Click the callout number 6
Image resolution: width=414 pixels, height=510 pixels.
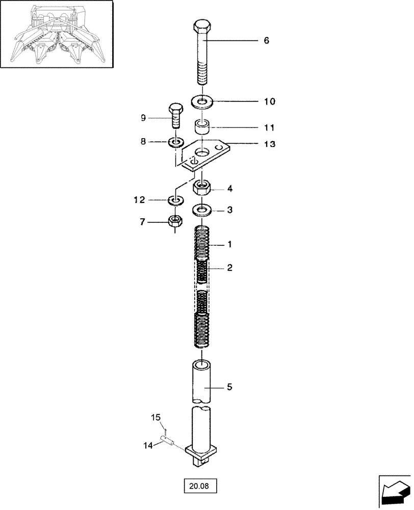pos(266,40)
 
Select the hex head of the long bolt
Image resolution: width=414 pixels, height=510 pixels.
pos(203,30)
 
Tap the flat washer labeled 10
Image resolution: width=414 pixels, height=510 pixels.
pos(203,102)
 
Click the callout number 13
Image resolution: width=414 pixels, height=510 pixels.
pos(269,144)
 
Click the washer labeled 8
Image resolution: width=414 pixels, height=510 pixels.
pos(175,142)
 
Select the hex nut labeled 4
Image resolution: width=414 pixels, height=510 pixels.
pos(203,189)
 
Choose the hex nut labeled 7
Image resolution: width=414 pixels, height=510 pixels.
pos(175,221)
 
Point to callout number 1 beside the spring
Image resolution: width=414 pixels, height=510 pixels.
pos(229,245)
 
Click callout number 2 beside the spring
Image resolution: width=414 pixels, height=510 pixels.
pos(229,268)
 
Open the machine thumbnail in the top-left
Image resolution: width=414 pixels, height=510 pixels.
pos(56,34)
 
